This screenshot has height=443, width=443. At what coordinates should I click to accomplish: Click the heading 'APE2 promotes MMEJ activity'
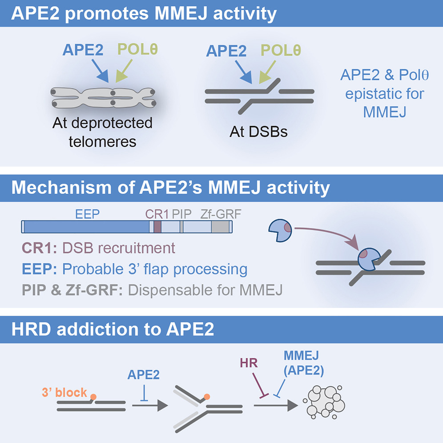[x=144, y=13]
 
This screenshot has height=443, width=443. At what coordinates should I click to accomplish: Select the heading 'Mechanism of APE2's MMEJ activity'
[x=170, y=188]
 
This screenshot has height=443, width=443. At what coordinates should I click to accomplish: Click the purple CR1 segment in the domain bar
[x=157, y=227]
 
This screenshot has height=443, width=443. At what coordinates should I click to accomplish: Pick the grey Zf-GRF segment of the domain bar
[x=219, y=227]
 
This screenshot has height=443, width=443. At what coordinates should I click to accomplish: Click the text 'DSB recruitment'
[x=119, y=247]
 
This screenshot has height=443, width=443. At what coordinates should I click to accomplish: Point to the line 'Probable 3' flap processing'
[x=155, y=269]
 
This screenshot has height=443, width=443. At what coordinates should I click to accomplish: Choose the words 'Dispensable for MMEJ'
[x=205, y=290]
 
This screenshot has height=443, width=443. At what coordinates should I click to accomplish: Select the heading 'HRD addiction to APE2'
[x=113, y=330]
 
